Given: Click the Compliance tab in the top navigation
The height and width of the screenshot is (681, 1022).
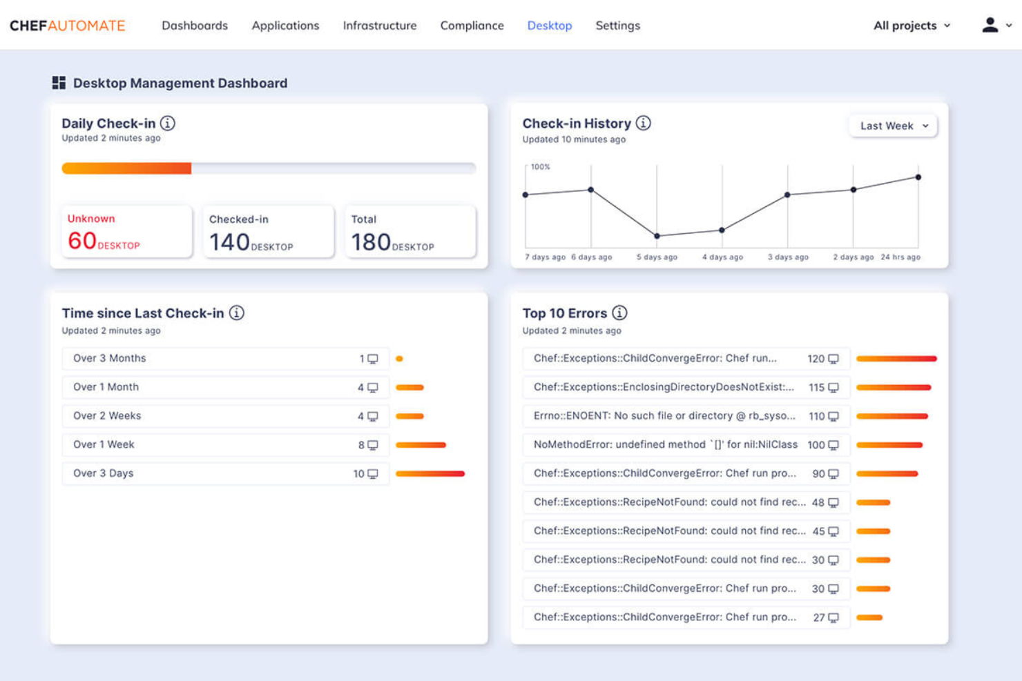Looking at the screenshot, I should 472,26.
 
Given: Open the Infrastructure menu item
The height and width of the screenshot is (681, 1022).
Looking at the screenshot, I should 380,26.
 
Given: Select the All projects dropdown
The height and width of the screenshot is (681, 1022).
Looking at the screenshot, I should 912,26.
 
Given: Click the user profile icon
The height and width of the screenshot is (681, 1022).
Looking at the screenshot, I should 990,25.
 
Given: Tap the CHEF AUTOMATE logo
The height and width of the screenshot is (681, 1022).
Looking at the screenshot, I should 68,26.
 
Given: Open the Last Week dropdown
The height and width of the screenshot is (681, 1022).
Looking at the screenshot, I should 893,126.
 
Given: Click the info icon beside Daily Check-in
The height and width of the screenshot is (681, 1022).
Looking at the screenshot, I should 168,123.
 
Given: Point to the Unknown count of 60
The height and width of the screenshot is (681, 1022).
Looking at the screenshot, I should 82,241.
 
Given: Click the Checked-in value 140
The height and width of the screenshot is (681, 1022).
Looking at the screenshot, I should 229,242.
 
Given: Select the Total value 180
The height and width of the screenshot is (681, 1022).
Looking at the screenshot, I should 371,242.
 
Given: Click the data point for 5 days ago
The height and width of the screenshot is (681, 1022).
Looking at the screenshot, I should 657,236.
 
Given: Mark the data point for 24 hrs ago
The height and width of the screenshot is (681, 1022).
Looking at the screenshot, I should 918,177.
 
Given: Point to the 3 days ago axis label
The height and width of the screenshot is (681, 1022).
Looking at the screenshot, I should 788,257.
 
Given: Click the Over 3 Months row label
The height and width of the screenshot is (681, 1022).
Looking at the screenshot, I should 110,358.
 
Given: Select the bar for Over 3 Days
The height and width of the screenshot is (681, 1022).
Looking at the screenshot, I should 430,474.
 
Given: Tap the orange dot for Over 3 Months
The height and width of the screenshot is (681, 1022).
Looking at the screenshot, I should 399,359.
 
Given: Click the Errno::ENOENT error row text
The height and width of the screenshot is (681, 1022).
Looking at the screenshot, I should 664,416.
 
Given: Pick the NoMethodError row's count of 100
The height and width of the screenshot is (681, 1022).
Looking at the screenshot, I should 816,445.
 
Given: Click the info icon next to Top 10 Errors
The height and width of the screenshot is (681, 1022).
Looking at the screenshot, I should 619,313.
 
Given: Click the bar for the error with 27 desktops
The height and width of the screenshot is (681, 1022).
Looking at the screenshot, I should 869,618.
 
